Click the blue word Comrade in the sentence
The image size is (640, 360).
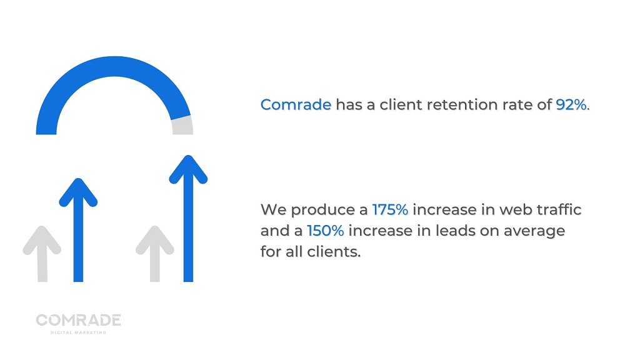pos(296,105)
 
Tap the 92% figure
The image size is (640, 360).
pos(571,105)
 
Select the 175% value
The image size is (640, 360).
pos(390,210)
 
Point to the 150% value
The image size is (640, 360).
pos(325,231)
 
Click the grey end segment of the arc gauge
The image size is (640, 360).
pos(182,125)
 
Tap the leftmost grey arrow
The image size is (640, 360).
pos(42,254)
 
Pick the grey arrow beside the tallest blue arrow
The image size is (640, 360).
pos(155,254)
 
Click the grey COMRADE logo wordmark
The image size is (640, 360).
pos(78,320)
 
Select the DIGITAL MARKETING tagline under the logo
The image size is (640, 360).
pos(78,332)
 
